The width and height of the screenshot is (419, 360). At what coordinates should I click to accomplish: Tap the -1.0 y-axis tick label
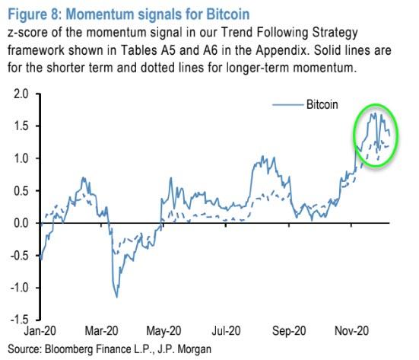tap(13, 288)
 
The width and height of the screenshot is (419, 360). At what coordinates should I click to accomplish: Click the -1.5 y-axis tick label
tap(13, 320)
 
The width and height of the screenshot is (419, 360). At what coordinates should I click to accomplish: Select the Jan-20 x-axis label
tap(39, 333)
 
